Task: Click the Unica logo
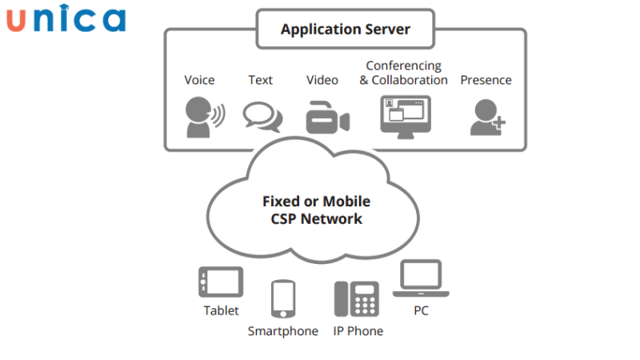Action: (66, 20)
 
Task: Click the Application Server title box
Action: (345, 30)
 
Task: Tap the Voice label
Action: (199, 80)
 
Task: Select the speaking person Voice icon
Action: (203, 116)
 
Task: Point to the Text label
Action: (260, 80)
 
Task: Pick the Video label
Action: (322, 80)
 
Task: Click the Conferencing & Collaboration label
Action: (403, 73)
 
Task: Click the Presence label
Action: (486, 80)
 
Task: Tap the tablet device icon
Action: (220, 282)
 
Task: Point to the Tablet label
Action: (221, 310)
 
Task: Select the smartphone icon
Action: (283, 299)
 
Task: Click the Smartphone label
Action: (282, 331)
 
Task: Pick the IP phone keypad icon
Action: (356, 298)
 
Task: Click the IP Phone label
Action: (358, 331)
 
